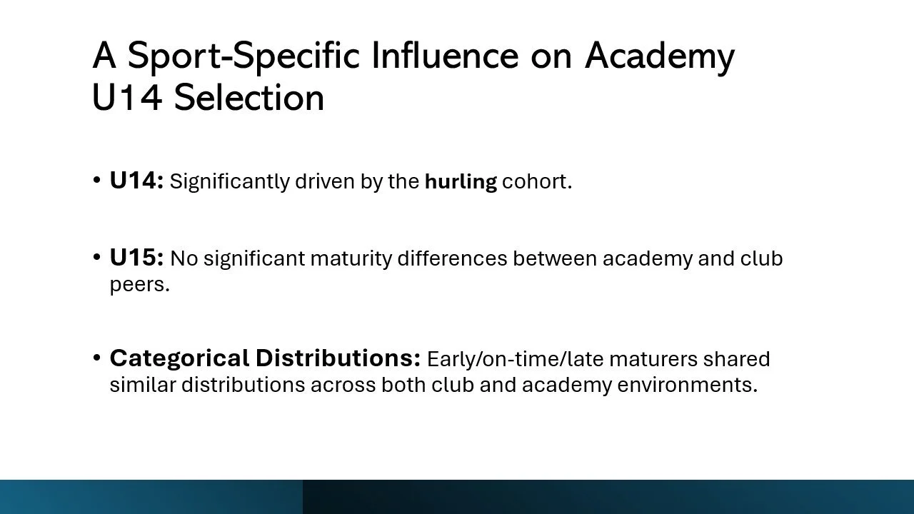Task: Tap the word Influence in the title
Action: pos(445,55)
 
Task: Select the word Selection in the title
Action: pos(249,97)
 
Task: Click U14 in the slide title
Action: pos(127,97)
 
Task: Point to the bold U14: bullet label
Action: pos(136,181)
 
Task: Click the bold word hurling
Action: pos(461,181)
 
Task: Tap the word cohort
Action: pos(537,181)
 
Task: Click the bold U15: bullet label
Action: pos(136,258)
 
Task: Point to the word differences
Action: pos(452,258)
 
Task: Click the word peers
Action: pos(139,284)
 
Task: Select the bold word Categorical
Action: pos(179,358)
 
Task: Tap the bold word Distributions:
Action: pos(338,358)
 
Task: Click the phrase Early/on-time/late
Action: pos(516,359)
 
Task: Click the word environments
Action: pos(687,385)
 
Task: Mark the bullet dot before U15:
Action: pos(96,258)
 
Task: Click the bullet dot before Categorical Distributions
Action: pos(96,358)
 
